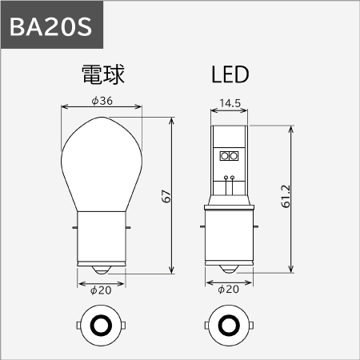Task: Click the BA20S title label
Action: click(51, 26)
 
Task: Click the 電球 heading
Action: click(103, 74)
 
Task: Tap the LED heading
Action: click(230, 74)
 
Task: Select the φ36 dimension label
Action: click(102, 101)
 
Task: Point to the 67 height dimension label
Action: click(166, 196)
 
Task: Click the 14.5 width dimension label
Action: click(230, 103)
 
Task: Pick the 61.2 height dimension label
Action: click(286, 196)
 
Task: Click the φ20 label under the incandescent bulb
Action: click(101, 290)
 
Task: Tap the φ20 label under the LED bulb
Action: click(228, 290)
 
